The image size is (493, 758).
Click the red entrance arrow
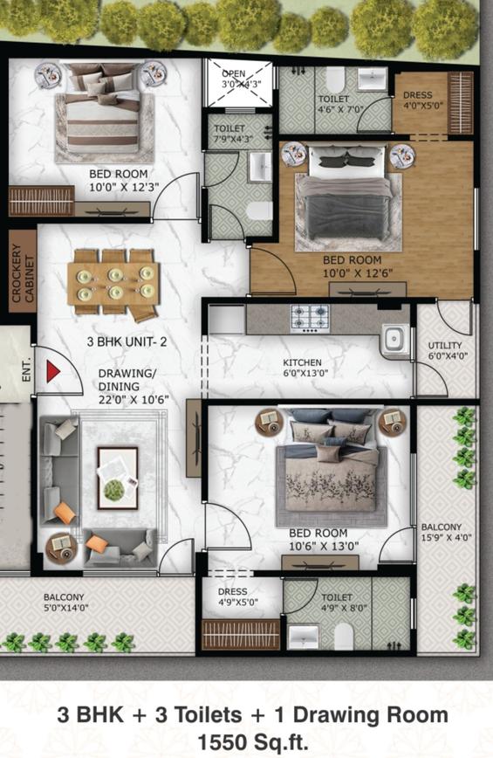coord(52,371)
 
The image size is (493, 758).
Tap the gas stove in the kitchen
coord(310,319)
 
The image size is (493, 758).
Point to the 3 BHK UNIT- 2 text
coord(127,341)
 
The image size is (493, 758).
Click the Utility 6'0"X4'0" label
coord(445,351)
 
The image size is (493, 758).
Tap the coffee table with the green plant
coord(117,478)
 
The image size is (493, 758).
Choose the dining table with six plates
coord(113,284)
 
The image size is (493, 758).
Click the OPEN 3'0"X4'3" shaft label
coord(240,79)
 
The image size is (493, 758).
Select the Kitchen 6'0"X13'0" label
coord(302,368)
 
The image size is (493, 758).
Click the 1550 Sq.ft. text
coord(253,741)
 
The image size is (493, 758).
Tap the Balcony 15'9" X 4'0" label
coord(446,532)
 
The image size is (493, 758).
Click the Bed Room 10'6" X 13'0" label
coord(324,540)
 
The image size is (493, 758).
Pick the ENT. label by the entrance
coord(26,369)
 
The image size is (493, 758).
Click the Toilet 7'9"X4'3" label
coord(236,134)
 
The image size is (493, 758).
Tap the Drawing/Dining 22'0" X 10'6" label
coord(134,386)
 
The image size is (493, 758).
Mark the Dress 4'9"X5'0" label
coord(237,596)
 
